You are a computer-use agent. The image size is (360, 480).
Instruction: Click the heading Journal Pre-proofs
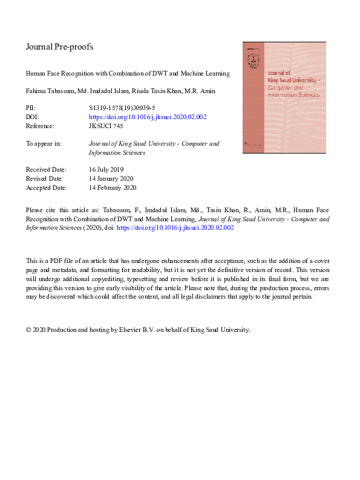click(59, 47)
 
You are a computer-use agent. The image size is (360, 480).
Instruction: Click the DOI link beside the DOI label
click(148, 117)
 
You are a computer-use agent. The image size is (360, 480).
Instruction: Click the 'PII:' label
click(31, 107)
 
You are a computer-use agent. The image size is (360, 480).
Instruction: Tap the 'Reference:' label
click(40, 126)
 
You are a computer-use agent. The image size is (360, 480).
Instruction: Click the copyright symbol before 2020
click(28, 330)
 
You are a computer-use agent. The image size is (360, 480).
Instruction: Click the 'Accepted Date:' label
click(46, 188)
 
